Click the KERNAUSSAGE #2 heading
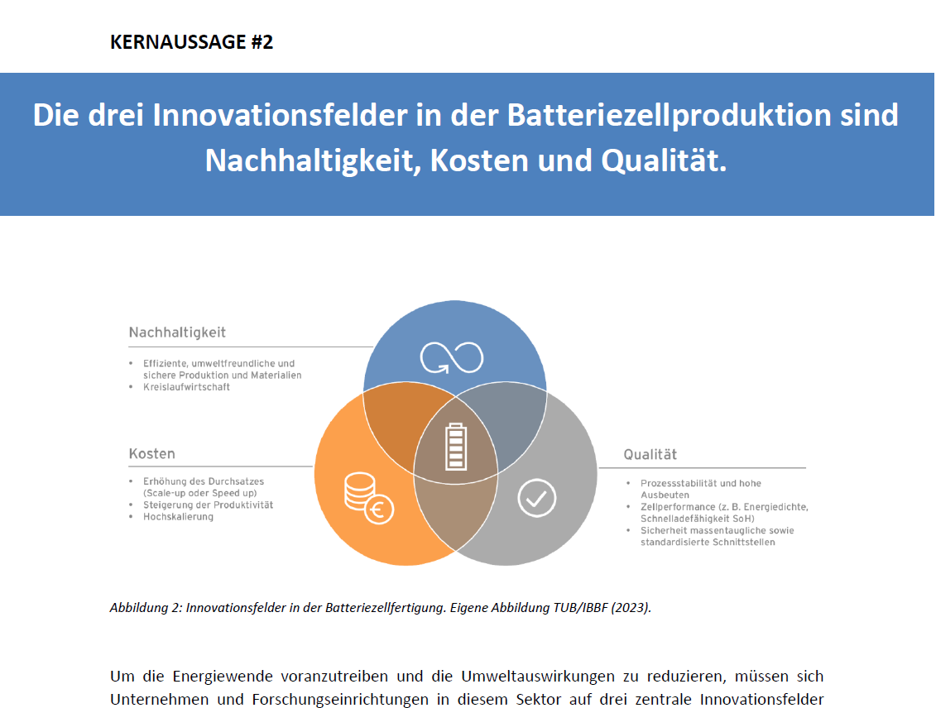pyautogui.click(x=192, y=41)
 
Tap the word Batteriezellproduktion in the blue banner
pyautogui.click(x=670, y=115)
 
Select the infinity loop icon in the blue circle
pyautogui.click(x=452, y=357)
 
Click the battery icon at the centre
pyautogui.click(x=456, y=447)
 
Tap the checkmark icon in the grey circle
pyautogui.click(x=536, y=498)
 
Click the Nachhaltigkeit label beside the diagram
pyautogui.click(x=177, y=332)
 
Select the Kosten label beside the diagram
pyautogui.click(x=152, y=454)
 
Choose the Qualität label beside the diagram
pyautogui.click(x=650, y=455)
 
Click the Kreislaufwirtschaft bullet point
pyautogui.click(x=186, y=387)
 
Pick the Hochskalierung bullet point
pyautogui.click(x=178, y=517)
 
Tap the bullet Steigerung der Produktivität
pyautogui.click(x=208, y=505)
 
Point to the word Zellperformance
pyautogui.click(x=678, y=507)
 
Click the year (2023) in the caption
pyautogui.click(x=631, y=608)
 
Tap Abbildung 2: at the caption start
pyautogui.click(x=146, y=608)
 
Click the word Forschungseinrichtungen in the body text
pyautogui.click(x=339, y=699)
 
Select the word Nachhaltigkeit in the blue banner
pyautogui.click(x=310, y=160)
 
